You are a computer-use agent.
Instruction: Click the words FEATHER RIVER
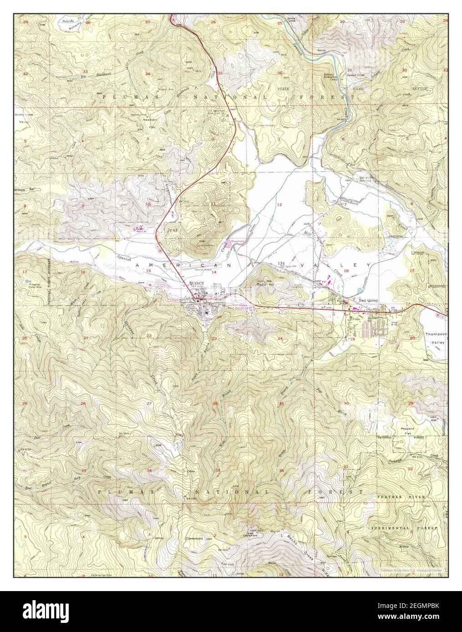401,497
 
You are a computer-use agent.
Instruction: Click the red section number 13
280,263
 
